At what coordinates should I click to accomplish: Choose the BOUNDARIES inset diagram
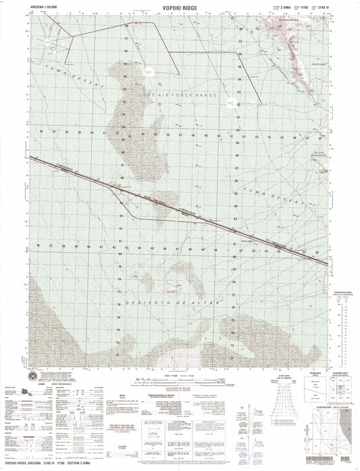(307, 392)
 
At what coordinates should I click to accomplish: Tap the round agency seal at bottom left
(32, 376)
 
